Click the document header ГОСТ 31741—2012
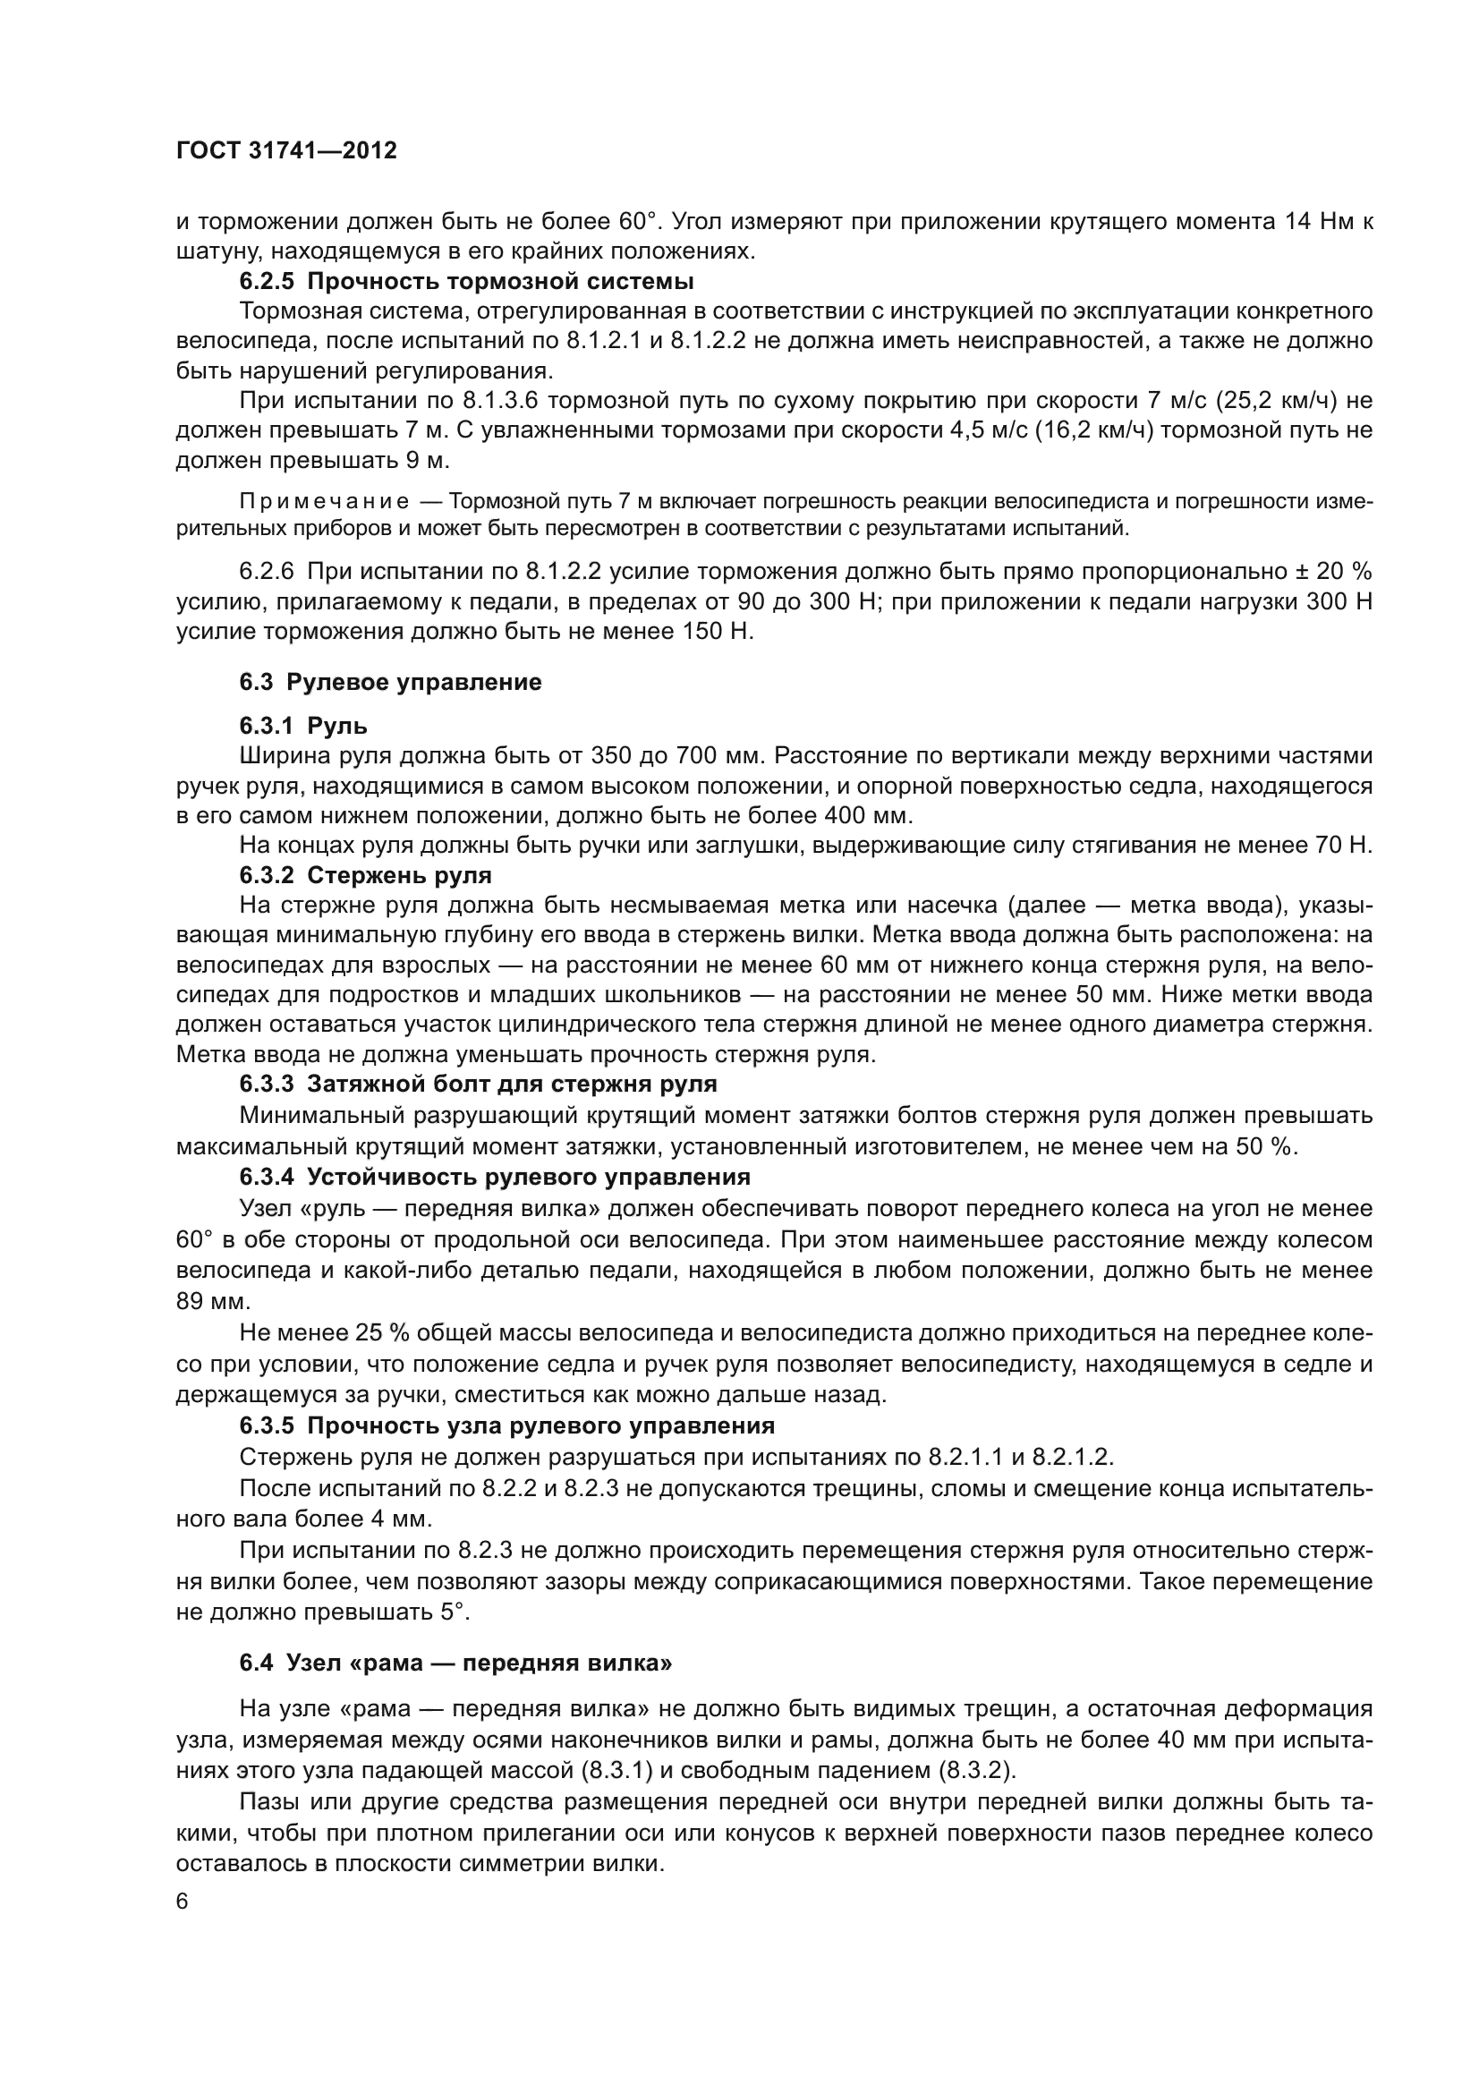coord(286,151)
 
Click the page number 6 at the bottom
coord(183,1902)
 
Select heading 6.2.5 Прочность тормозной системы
coord(466,281)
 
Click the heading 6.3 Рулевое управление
coord(390,683)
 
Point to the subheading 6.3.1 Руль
coord(303,726)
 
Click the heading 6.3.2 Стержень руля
coord(365,876)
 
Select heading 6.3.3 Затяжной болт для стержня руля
coord(478,1085)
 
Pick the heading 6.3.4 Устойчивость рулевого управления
coord(495,1177)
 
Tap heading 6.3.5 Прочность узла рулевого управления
coord(506,1425)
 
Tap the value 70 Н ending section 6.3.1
coord(1346,845)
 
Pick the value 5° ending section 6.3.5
coord(455,1612)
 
